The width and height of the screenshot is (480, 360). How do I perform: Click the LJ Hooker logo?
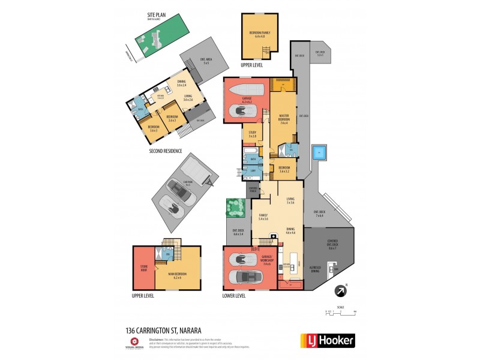327,340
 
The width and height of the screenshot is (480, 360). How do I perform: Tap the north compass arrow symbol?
341,291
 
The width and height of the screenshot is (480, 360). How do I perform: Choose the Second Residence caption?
166,152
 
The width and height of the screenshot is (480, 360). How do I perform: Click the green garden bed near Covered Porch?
235,208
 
